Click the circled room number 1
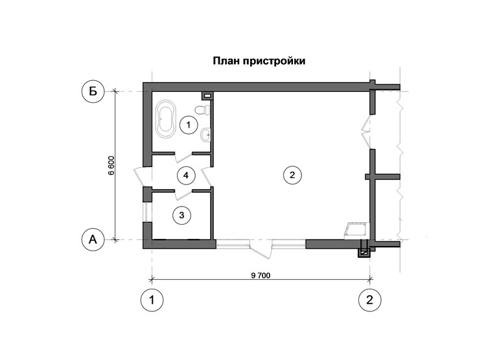(x=188, y=124)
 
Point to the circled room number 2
(x=292, y=174)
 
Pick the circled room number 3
(x=182, y=214)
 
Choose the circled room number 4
(x=186, y=175)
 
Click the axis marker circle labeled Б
(x=93, y=92)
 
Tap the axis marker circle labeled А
(x=93, y=240)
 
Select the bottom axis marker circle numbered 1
(x=152, y=300)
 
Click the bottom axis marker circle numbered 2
(x=370, y=300)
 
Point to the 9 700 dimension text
(x=261, y=275)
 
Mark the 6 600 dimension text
(x=111, y=166)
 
